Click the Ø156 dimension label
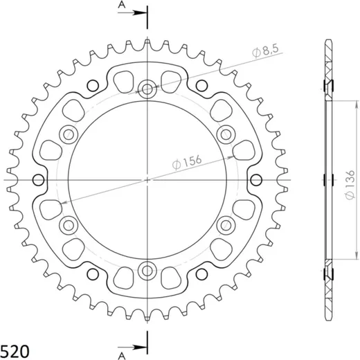coord(187,162)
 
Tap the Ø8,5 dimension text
coord(266,51)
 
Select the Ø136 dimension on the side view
coord(350,185)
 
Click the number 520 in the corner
coord(15,352)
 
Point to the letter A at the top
coord(122,5)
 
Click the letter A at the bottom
coord(122,356)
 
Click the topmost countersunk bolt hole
coord(147,89)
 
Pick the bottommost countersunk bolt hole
coord(147,271)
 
